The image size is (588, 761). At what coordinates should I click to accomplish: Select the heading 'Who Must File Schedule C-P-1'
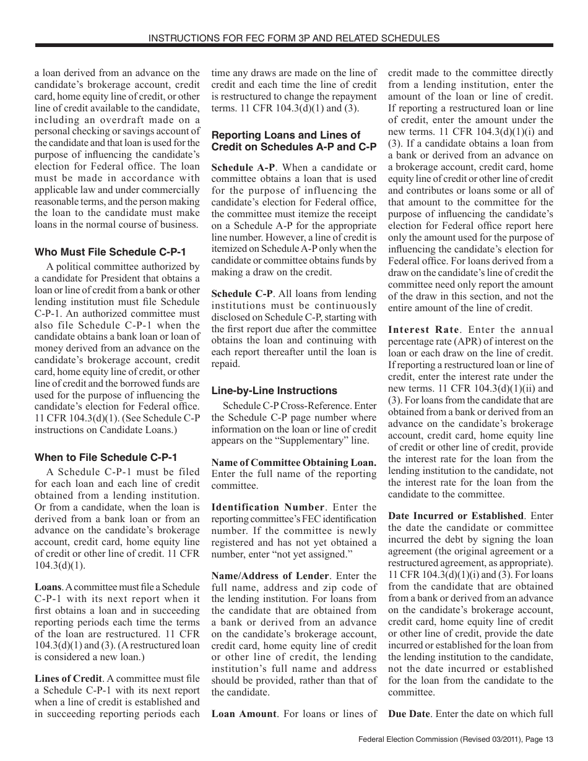click(110, 252)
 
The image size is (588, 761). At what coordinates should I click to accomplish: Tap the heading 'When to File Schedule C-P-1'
click(105, 457)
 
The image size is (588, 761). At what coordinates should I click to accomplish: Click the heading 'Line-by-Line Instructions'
click(274, 390)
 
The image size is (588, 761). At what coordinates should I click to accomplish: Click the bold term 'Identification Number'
click(268, 507)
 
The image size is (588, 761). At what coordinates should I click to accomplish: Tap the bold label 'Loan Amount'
click(244, 713)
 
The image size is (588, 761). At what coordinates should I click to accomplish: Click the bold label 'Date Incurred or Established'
click(456, 515)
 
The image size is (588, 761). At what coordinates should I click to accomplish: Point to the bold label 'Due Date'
click(409, 713)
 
